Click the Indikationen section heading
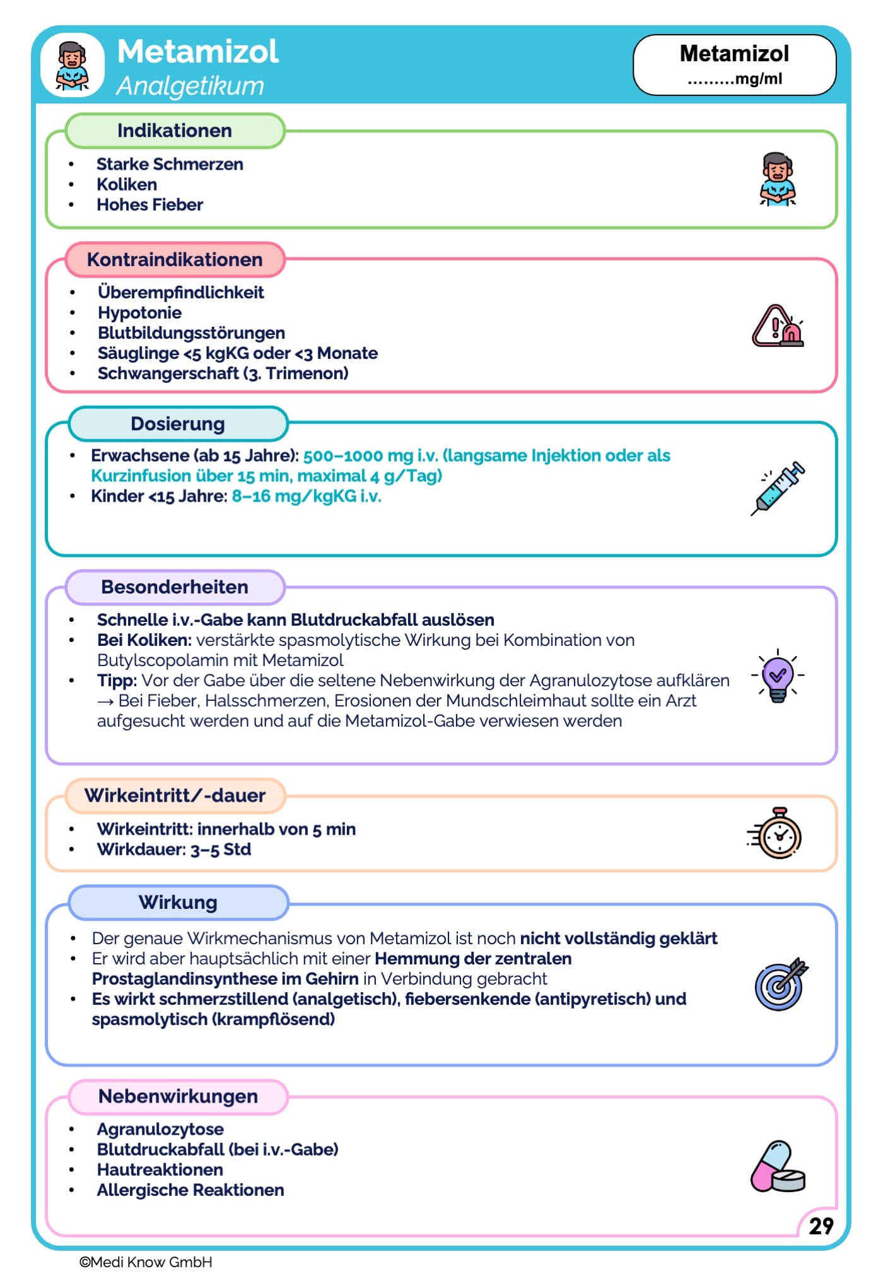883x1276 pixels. pyautogui.click(x=175, y=131)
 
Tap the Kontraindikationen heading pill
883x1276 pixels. pyautogui.click(x=175, y=259)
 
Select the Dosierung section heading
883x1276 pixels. pyautogui.click(x=178, y=423)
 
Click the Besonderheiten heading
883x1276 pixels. pyautogui.click(x=175, y=587)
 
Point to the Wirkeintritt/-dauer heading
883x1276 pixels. pyautogui.click(x=175, y=795)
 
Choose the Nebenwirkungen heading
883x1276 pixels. pyautogui.click(x=178, y=1096)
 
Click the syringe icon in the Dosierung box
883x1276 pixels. pyautogui.click(x=778, y=488)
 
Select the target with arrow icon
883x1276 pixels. pyautogui.click(x=781, y=984)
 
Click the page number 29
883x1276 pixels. pyautogui.click(x=821, y=1226)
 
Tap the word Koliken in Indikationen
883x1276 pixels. pyautogui.click(x=127, y=184)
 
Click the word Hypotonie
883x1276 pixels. pyautogui.click(x=139, y=312)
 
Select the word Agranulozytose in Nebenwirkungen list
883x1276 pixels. pyautogui.click(x=160, y=1129)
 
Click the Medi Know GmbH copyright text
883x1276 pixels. pyautogui.click(x=146, y=1261)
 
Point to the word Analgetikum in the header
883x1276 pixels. pyautogui.click(x=190, y=86)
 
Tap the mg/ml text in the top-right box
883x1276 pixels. pyautogui.click(x=758, y=79)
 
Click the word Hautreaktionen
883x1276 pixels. pyautogui.click(x=160, y=1169)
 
